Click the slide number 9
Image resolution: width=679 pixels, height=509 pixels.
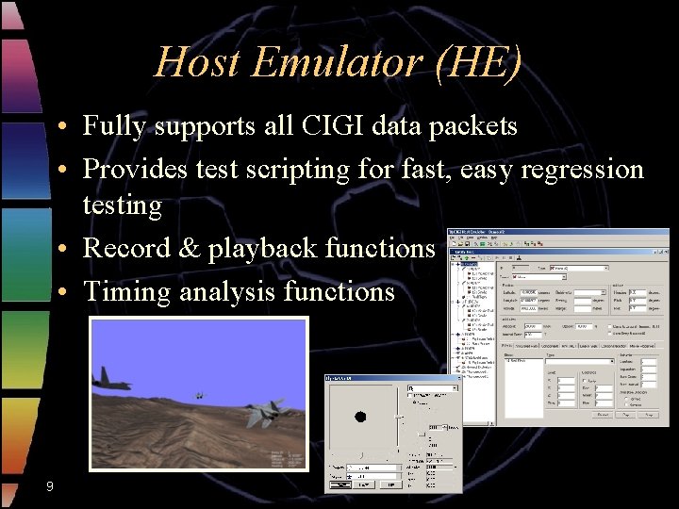tap(49, 486)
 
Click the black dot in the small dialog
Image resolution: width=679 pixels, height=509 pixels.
tap(359, 417)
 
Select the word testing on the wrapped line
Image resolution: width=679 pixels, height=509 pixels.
tap(122, 205)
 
